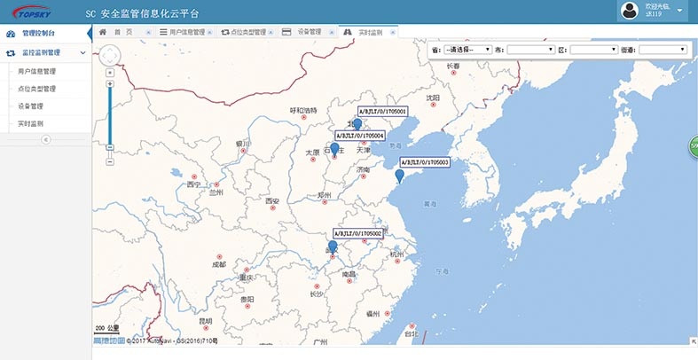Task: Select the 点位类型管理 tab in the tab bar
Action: [243, 32]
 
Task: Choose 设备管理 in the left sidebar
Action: [30, 106]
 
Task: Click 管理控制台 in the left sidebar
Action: [39, 33]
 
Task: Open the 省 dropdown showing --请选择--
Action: [468, 50]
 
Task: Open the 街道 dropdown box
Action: [663, 50]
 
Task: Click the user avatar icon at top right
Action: [630, 11]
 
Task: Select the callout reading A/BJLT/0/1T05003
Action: [425, 162]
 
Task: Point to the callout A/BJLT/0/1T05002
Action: [357, 233]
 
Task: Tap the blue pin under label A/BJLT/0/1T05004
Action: [335, 149]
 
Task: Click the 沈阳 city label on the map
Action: [433, 98]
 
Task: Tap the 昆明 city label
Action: [206, 320]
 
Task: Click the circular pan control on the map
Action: [109, 55]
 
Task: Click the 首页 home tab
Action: [121, 32]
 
